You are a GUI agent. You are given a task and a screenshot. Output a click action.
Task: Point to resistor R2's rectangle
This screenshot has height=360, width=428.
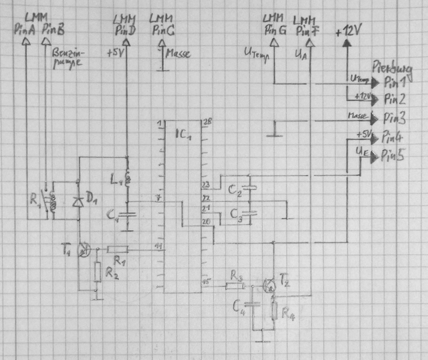[x=98, y=272]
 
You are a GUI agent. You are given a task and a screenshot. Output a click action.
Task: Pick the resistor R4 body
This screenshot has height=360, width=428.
[x=274, y=310]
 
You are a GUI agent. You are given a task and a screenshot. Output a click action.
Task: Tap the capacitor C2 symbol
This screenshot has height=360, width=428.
[x=250, y=187]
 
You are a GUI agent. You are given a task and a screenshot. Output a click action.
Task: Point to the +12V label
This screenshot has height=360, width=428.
[x=352, y=31]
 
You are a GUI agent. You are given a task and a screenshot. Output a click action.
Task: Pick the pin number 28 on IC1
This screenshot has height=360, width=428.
[x=206, y=122]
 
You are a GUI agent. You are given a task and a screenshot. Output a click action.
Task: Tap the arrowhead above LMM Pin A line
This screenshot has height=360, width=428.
[x=26, y=40]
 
